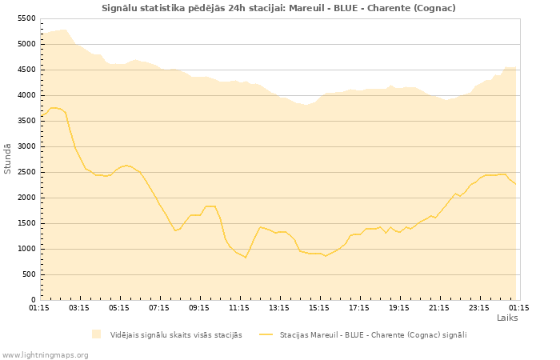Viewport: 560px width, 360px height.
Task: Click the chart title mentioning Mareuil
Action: click(x=278, y=8)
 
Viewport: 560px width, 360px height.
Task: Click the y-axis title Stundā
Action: click(x=8, y=158)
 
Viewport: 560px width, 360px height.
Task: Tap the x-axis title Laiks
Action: click(x=507, y=318)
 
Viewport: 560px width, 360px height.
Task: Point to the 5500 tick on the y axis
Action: click(x=26, y=18)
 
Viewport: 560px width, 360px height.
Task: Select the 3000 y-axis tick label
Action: click(x=26, y=146)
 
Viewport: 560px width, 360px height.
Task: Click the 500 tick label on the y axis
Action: click(x=29, y=274)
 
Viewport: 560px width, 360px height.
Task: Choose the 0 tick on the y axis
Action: click(x=34, y=300)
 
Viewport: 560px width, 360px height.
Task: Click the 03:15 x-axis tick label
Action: click(x=79, y=307)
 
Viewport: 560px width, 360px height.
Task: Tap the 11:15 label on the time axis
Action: click(x=239, y=307)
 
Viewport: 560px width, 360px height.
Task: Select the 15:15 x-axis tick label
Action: click(x=319, y=307)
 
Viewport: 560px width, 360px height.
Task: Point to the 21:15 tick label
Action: click(x=439, y=307)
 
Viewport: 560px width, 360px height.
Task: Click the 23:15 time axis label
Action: click(x=479, y=307)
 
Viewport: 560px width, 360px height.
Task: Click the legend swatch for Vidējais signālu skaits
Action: click(x=97, y=334)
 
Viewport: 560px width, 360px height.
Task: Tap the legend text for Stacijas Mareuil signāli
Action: click(x=373, y=334)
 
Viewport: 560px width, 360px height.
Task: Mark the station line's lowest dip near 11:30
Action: click(x=246, y=258)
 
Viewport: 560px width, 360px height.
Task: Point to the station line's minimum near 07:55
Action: click(x=175, y=230)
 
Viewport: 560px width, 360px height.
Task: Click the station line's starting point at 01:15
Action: click(x=41, y=115)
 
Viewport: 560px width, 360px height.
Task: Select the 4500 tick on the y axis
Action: click(x=26, y=70)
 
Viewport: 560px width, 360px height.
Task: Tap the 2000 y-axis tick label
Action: click(x=26, y=198)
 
